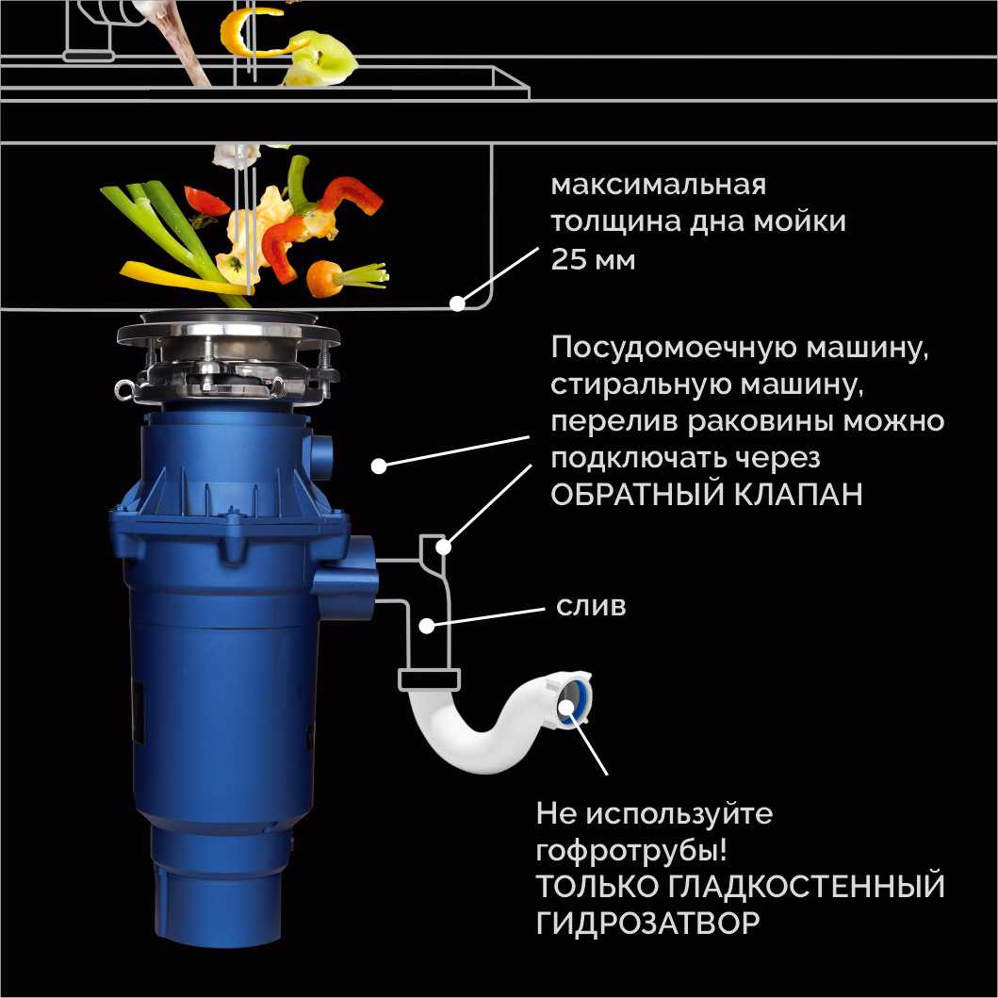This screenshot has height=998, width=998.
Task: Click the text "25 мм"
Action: (593, 259)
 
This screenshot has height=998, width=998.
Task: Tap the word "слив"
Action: (591, 605)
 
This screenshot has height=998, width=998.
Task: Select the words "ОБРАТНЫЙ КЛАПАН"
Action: (707, 495)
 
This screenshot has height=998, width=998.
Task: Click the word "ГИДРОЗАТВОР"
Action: (647, 923)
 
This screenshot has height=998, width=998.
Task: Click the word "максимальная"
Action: (658, 184)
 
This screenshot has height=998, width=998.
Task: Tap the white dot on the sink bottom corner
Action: (458, 303)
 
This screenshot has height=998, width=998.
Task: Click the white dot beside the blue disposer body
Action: (378, 466)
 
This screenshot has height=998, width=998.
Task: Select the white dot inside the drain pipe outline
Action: (426, 624)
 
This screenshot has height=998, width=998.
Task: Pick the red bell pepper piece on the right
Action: (351, 196)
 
